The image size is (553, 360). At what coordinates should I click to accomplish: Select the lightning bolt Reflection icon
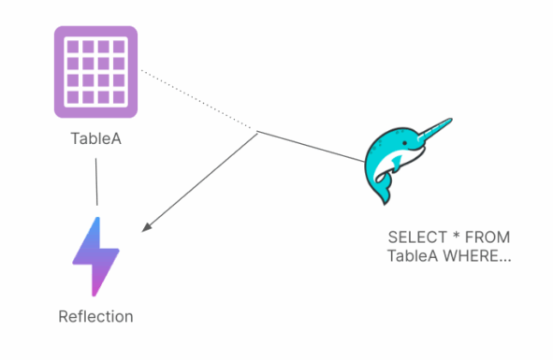96,255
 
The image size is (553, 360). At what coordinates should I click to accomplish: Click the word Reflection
96,316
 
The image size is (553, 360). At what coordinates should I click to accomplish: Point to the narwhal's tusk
432,128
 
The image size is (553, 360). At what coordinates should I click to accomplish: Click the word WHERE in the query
476,255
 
